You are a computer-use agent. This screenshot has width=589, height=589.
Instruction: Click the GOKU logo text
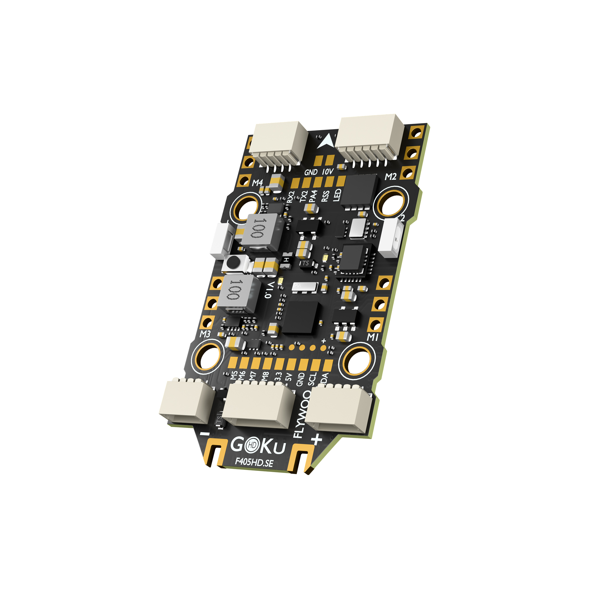tap(258, 446)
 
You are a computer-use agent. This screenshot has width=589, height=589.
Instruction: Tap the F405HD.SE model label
tap(254, 462)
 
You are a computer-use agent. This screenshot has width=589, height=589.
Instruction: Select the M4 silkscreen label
tap(257, 183)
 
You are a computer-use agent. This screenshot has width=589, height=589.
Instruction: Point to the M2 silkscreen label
tap(391, 176)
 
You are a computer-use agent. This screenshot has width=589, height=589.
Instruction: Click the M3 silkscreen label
tap(205, 334)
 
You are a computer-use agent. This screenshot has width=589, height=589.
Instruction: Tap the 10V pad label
tap(328, 172)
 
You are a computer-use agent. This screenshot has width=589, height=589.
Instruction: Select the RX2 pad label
tap(291, 197)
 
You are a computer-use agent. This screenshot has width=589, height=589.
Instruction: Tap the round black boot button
tap(234, 262)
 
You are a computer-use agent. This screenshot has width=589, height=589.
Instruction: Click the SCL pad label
tap(312, 379)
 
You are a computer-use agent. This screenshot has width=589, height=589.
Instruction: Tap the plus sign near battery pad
tap(317, 439)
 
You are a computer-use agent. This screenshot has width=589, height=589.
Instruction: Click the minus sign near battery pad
tap(205, 434)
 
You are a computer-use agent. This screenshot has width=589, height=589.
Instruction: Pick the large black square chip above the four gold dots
tap(300, 317)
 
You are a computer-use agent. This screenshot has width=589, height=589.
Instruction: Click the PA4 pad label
tap(313, 196)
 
